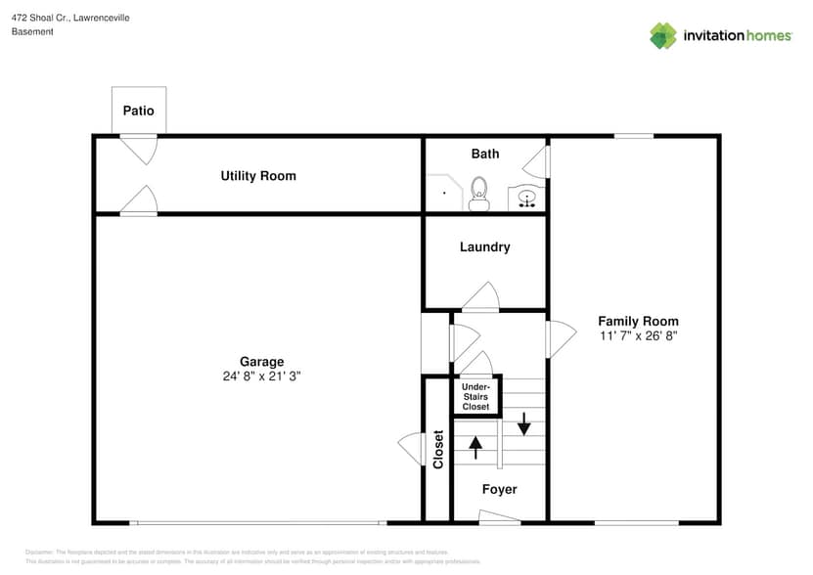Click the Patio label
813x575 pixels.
point(138,111)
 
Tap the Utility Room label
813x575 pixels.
point(258,176)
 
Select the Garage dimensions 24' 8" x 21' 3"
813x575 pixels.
point(261,376)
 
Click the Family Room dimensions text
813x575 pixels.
point(638,335)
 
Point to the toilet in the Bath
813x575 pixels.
point(478,193)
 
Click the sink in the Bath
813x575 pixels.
point(527,199)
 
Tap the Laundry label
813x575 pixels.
point(484,247)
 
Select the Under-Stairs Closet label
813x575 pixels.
point(475,396)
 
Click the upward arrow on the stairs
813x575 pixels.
point(476,447)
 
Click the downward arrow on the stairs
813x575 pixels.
point(523,423)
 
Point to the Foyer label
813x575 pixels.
point(499,489)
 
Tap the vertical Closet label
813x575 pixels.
point(438,449)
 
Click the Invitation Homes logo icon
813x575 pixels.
point(662,35)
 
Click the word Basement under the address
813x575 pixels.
point(32,31)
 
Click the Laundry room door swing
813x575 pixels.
point(480,297)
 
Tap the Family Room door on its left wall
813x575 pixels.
point(561,339)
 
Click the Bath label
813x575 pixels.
point(484,154)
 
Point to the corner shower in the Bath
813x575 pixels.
point(442,193)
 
